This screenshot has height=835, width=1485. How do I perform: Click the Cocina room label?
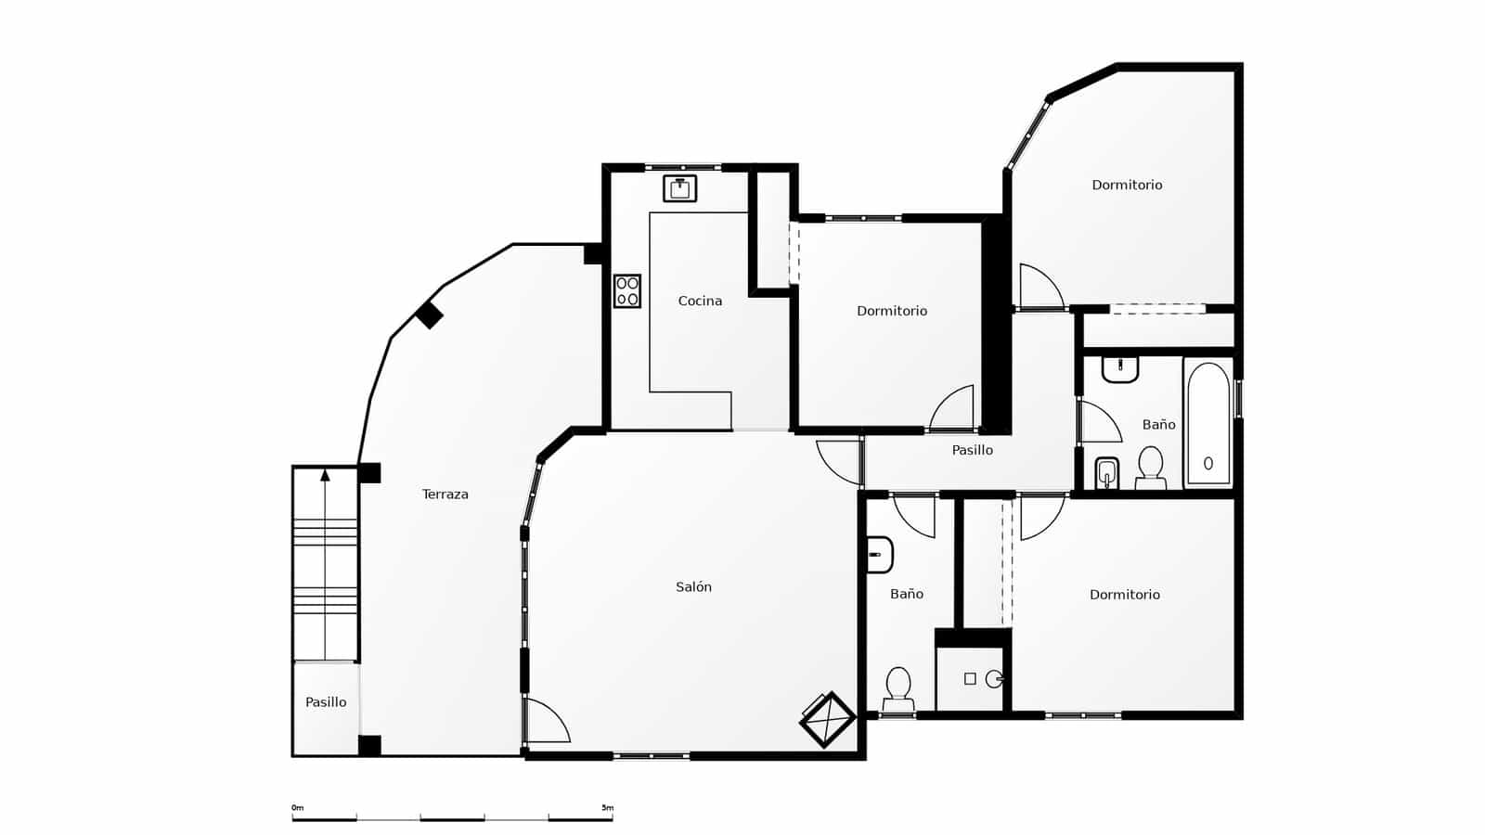pos(700,301)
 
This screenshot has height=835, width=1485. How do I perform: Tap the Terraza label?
pos(445,495)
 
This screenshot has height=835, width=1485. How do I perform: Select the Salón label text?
pos(693,587)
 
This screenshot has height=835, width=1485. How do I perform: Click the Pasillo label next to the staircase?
pos(326,702)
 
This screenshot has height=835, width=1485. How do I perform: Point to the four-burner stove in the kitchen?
pos(627,291)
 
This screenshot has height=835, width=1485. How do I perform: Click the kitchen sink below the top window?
pos(680,188)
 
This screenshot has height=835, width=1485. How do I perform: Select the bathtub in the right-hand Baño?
pos(1207,424)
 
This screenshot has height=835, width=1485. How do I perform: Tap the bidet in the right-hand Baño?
pos(1106,473)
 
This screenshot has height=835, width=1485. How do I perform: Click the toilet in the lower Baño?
pos(897,686)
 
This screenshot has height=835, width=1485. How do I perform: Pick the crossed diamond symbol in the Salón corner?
pos(827,719)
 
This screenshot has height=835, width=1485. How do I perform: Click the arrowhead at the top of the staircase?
pos(325,475)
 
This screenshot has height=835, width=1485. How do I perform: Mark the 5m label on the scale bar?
pos(607,808)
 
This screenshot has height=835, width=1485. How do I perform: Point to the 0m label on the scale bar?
pos(298,808)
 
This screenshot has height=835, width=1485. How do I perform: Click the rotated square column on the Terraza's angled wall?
pos(429,315)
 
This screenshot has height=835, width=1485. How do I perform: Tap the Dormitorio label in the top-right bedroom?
pos(1127,185)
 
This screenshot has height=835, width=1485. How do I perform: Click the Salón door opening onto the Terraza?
pos(546,721)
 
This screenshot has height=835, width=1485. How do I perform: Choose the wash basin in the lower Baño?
pos(879,555)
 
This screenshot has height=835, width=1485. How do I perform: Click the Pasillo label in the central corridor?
pos(972,450)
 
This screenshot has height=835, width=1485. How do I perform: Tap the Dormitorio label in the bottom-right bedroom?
pos(1124,595)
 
